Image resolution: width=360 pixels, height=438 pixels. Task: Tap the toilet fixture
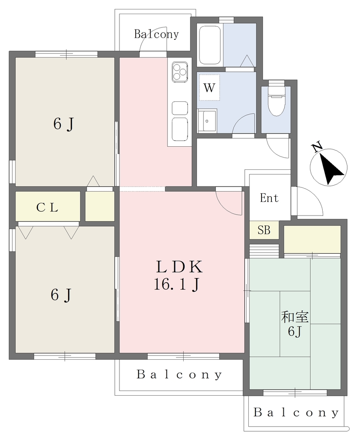click(x=276, y=99)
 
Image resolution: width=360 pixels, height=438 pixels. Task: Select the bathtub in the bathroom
click(x=210, y=45)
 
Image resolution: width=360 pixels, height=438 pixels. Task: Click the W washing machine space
click(x=209, y=87)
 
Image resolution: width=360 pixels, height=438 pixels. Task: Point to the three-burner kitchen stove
click(x=180, y=72)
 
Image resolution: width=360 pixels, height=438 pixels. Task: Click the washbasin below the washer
click(x=207, y=120)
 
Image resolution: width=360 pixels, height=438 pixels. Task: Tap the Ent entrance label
click(x=269, y=198)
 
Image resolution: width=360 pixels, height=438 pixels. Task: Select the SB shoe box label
click(x=264, y=230)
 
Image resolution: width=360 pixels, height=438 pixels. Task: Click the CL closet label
click(x=47, y=207)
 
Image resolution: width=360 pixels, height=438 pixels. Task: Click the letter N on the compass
click(x=317, y=148)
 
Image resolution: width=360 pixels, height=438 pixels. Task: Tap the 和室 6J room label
click(x=295, y=324)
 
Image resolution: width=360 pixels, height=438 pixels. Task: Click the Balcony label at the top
click(x=156, y=34)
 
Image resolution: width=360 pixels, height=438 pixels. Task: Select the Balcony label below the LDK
click(x=179, y=375)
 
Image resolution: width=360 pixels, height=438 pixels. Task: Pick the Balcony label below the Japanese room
click(x=296, y=413)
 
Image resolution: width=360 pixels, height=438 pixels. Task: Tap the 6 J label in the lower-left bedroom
click(x=61, y=295)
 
